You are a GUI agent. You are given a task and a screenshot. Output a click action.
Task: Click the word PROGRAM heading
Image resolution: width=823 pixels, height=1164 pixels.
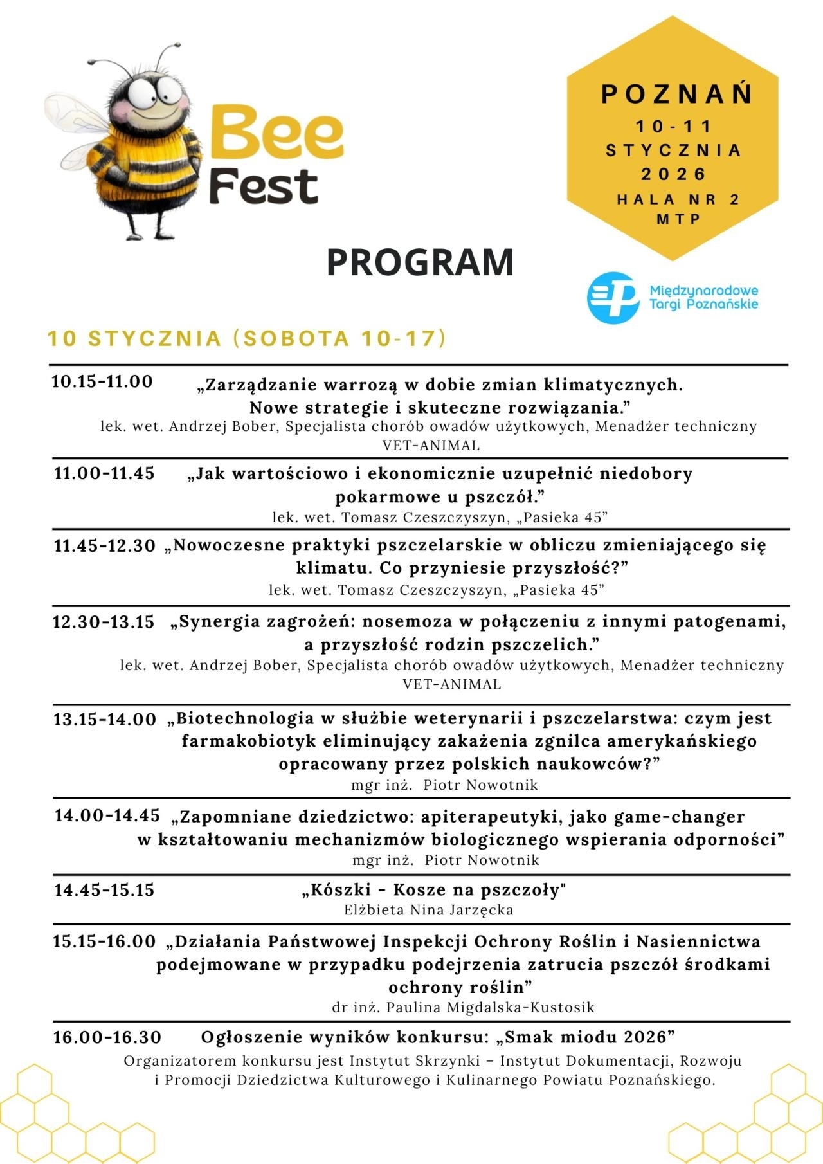[x=420, y=262]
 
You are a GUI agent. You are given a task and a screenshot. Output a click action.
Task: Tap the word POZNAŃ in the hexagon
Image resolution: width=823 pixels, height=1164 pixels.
[x=676, y=95]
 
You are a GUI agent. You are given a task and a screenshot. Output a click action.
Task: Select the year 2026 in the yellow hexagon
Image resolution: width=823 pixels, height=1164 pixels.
[x=673, y=174]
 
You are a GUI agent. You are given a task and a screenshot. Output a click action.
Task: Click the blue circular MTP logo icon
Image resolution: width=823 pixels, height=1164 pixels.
[x=613, y=297]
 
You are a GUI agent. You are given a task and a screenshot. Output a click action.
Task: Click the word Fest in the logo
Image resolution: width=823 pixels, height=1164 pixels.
[x=264, y=187]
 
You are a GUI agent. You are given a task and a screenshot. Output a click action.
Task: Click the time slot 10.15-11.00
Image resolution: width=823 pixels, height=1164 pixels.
[x=102, y=381]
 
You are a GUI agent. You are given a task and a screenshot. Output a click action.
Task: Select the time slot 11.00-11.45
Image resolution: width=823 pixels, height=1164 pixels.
[x=104, y=473]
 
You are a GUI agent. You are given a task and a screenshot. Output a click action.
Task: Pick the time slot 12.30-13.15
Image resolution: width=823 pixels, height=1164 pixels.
[x=104, y=622]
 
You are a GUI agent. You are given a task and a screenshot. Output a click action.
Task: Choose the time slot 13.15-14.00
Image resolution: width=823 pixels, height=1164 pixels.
[x=105, y=719]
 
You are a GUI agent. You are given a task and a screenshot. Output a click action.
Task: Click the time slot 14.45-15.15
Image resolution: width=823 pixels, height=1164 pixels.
[x=104, y=890]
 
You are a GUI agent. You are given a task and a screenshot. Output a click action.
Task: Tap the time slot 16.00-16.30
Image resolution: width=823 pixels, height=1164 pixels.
[x=107, y=1037]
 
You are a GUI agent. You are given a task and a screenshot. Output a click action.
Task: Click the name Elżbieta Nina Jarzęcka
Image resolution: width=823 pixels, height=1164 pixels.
[x=428, y=910]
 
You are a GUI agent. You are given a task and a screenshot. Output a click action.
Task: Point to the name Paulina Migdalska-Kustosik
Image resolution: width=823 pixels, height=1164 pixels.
[x=490, y=1007]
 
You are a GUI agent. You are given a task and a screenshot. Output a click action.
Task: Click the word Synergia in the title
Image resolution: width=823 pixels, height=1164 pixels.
[x=217, y=622]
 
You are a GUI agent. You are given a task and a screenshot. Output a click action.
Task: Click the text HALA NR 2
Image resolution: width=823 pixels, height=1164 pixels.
[x=678, y=199]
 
